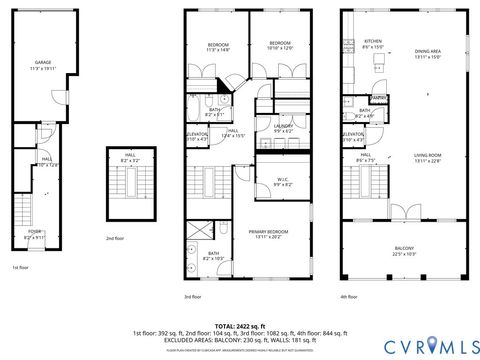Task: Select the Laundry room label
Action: click(282, 128)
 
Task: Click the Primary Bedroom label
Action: click(271, 235)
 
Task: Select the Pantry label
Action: click(379, 97)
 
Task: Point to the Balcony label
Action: click(403, 251)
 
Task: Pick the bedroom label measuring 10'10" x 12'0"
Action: click(279, 45)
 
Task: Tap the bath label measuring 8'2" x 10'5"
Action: click(213, 256)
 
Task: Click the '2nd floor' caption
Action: click(115, 238)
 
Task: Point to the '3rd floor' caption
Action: click(194, 297)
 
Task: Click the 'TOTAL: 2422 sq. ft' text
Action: click(240, 326)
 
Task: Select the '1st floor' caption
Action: click(21, 268)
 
